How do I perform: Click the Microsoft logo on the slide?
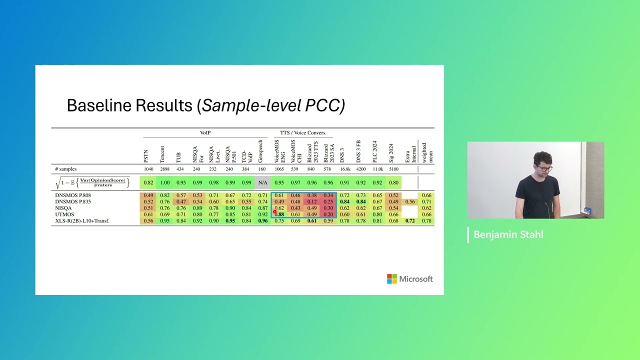(409, 279)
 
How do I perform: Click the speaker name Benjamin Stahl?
(508, 235)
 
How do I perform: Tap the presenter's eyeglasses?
(545, 168)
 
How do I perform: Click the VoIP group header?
(205, 133)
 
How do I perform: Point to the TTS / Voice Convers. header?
(303, 133)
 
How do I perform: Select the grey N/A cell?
(262, 183)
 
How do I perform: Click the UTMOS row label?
(64, 214)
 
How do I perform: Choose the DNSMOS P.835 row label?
(73, 201)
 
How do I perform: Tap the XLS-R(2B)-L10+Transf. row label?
(82, 221)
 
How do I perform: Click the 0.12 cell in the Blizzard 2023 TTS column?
(312, 201)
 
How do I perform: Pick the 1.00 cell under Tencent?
(164, 183)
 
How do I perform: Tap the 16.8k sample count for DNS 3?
(344, 169)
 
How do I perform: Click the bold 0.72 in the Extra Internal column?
(410, 221)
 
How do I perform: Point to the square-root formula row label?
(92, 182)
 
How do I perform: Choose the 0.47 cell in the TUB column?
(180, 201)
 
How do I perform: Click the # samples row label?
(65, 169)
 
